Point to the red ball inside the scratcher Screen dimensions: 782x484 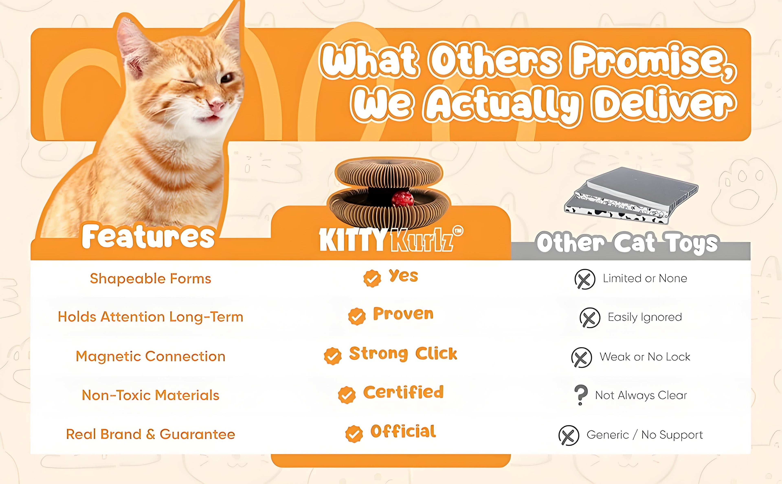403,199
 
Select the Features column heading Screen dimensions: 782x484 148,237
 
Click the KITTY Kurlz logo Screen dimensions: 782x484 391,239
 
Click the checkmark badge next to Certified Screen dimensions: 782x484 347,395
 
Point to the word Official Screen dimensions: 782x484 403,431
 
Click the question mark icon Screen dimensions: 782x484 581,395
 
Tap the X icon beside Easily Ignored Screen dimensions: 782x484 590,318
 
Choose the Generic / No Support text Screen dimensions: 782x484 645,435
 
